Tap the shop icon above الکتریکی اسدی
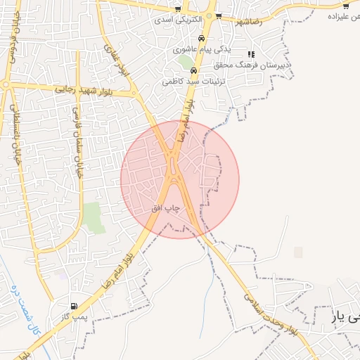click(x=178, y=9)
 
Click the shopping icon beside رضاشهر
click(x=219, y=15)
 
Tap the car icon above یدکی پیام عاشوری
click(x=202, y=39)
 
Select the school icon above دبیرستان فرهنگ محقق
click(x=251, y=54)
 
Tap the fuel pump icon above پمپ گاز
click(x=75, y=307)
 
